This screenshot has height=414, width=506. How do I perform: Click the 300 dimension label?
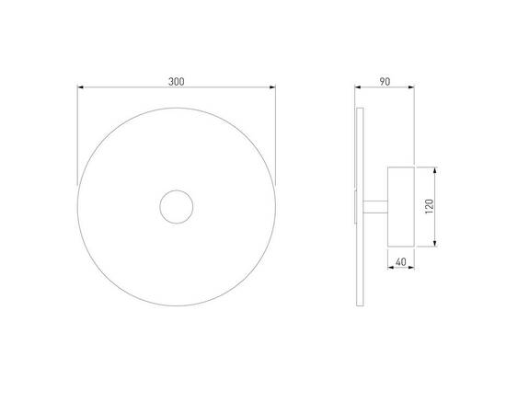(x=177, y=82)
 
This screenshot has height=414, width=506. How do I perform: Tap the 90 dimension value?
(x=385, y=82)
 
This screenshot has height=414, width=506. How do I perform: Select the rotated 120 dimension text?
(x=430, y=206)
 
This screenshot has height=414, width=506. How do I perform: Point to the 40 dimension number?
(x=400, y=262)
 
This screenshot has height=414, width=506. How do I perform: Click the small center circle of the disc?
(x=177, y=190)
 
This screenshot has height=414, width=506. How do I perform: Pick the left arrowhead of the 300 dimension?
(x=80, y=87)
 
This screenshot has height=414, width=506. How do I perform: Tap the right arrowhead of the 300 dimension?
(x=272, y=87)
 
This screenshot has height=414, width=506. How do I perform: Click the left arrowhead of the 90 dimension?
(x=358, y=87)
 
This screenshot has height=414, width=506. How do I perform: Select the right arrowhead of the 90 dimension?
(x=411, y=87)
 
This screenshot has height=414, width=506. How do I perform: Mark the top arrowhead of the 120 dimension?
(x=434, y=170)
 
